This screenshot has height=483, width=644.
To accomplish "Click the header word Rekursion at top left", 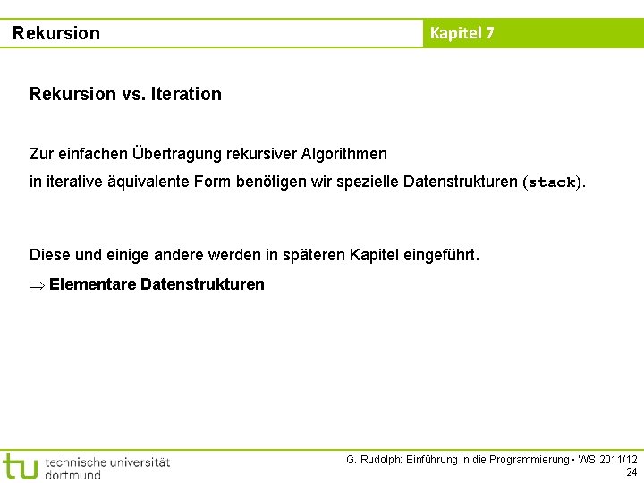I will [x=56, y=34].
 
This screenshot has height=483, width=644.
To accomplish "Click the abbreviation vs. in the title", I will [x=130, y=94].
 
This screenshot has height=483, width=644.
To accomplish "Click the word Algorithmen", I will [x=344, y=155].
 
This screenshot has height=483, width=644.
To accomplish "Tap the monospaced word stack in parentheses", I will [x=552, y=182].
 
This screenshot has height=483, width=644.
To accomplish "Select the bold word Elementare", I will [x=92, y=284].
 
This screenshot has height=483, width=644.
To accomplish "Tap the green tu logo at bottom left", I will [x=20, y=466].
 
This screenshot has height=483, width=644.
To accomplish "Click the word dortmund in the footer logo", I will [x=73, y=475].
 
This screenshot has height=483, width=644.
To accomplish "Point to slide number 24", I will [x=631, y=472].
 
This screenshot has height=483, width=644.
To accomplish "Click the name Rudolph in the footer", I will [x=379, y=460].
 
